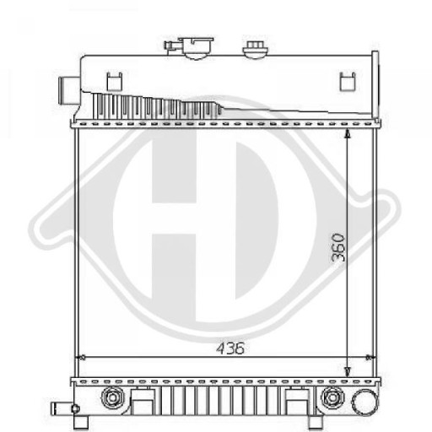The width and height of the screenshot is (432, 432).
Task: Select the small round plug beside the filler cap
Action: [x=254, y=49]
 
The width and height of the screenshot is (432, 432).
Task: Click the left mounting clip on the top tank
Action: [x=113, y=81]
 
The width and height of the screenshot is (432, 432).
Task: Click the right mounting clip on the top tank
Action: [x=344, y=81]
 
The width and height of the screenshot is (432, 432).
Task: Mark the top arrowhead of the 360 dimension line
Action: [x=348, y=133]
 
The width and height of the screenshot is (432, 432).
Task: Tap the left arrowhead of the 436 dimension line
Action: [x=81, y=358]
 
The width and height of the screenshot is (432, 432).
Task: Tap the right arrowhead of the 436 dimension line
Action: [x=375, y=358]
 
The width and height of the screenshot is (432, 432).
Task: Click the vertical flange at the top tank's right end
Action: [x=375, y=84]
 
